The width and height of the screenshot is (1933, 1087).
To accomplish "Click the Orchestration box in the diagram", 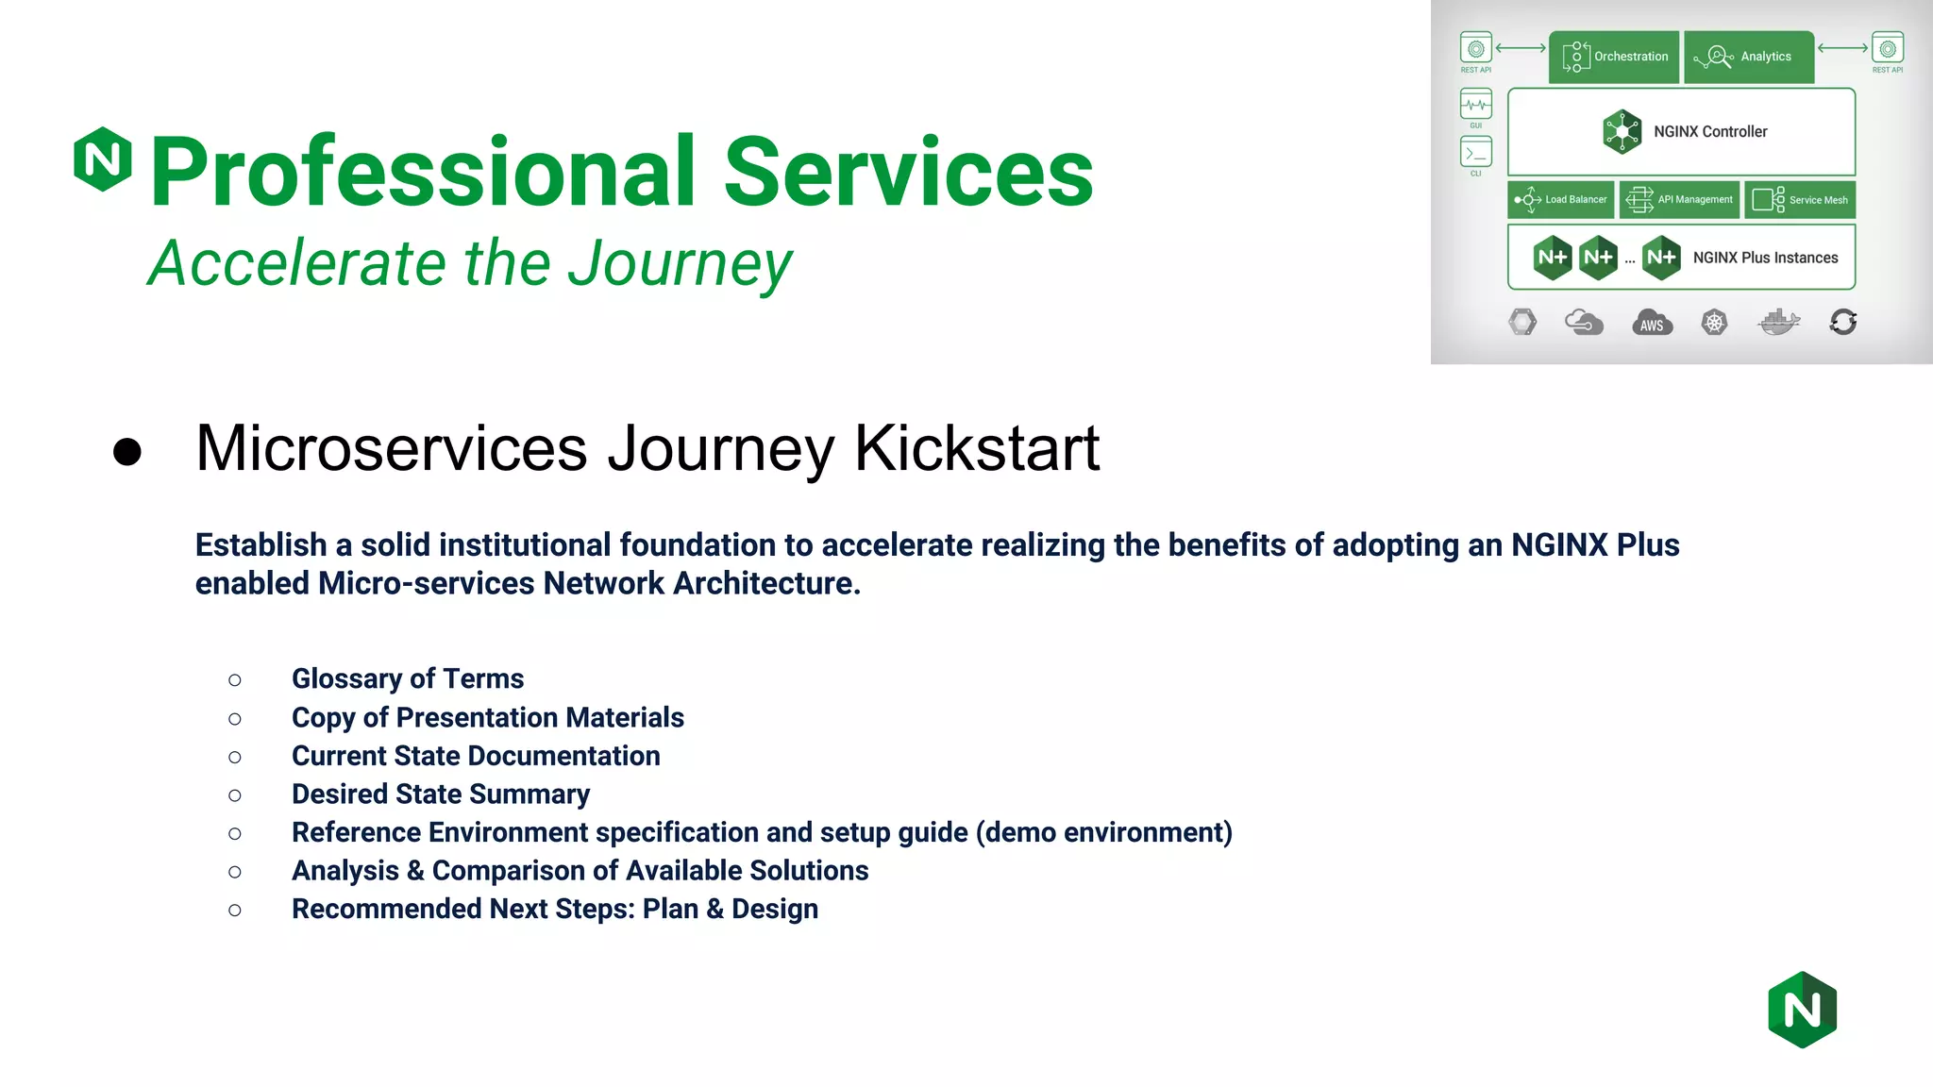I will click(1614, 57).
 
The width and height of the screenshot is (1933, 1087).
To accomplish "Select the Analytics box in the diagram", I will click(1749, 57).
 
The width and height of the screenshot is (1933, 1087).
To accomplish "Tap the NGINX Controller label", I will click(1709, 132).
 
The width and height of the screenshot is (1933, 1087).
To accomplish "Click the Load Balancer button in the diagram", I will click(1561, 200).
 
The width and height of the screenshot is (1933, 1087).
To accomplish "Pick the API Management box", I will click(1680, 200).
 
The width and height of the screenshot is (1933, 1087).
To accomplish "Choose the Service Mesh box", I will click(1800, 200).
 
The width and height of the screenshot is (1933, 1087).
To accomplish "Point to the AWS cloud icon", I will click(1652, 324).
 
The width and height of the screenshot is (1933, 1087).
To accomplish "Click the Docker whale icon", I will click(1778, 323).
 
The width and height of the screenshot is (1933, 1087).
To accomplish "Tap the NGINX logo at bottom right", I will click(1802, 1010).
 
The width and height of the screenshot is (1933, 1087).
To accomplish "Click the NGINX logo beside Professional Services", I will click(103, 159).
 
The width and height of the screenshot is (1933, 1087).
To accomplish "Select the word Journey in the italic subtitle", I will click(680, 263).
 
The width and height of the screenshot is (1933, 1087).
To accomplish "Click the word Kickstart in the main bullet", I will click(977, 448).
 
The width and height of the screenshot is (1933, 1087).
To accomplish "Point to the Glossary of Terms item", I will click(407, 678).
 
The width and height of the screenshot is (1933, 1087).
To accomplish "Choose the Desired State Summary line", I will click(440, 794).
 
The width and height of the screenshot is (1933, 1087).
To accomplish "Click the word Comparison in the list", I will click(511, 871).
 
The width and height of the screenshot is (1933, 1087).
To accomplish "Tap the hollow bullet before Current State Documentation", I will click(235, 757).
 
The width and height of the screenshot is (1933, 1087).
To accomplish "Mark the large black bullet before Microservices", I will click(127, 451).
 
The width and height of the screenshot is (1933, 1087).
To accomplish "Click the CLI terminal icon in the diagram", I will click(1476, 152).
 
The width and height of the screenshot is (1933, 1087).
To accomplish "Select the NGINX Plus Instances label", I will click(1765, 258).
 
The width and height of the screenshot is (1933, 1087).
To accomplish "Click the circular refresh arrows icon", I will click(1842, 323).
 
